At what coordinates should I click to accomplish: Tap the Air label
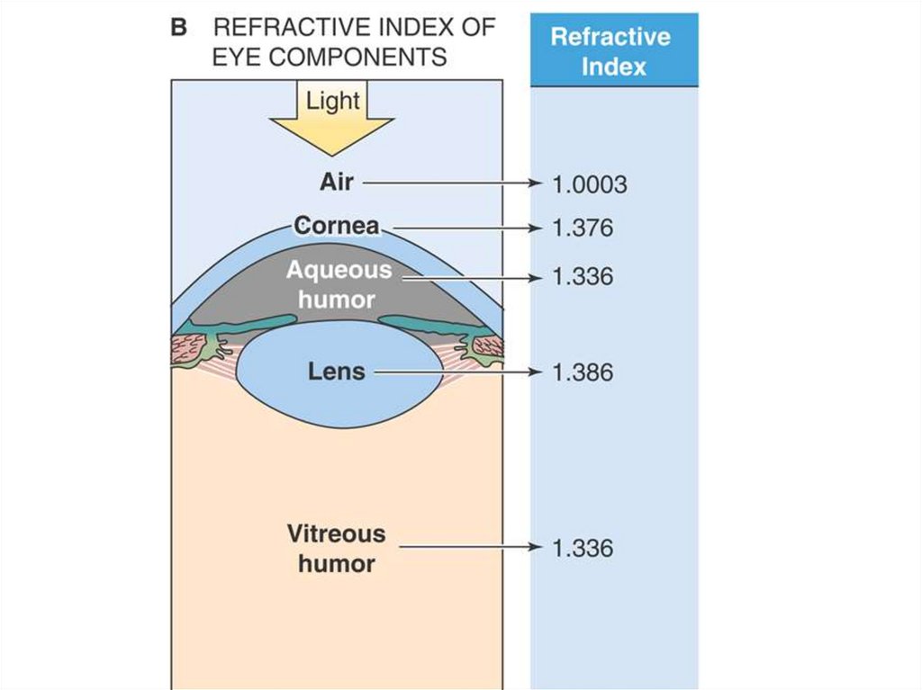[337, 182]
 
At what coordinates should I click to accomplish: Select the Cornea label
[337, 226]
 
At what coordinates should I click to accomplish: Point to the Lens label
[338, 371]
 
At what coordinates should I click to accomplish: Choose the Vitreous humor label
[336, 549]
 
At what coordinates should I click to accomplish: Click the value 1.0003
[589, 185]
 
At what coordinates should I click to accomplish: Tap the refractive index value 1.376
[583, 229]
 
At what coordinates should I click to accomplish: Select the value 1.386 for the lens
[583, 372]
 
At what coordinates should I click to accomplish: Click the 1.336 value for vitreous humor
[583, 548]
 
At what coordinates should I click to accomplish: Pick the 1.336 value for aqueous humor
[583, 276]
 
